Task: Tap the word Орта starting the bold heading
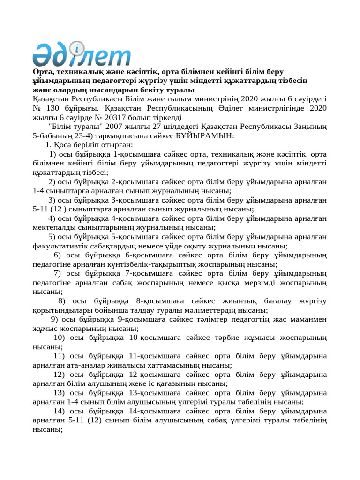tap(43, 72)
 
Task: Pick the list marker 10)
tap(60, 337)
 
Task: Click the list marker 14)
tap(60, 411)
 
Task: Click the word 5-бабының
tap(52, 135)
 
